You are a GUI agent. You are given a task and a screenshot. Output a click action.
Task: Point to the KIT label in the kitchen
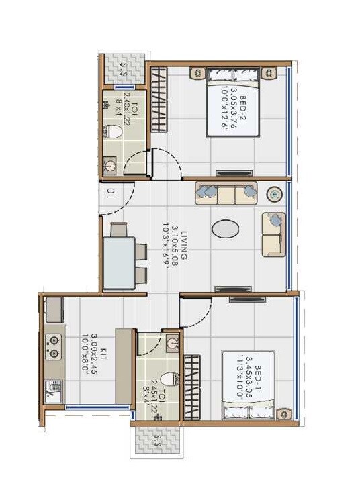(86, 352)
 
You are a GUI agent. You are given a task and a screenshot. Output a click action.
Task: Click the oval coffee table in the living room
(225, 229)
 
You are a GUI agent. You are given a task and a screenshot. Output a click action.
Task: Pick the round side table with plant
(275, 194)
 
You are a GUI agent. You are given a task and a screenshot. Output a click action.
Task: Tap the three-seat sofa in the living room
(226, 193)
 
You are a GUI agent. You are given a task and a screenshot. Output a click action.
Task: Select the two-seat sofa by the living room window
(273, 234)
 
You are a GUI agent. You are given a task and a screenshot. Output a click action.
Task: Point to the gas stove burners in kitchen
(53, 346)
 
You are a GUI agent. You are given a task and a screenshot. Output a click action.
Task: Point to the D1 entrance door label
(111, 195)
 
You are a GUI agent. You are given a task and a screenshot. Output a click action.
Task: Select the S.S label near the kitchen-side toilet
(156, 441)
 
